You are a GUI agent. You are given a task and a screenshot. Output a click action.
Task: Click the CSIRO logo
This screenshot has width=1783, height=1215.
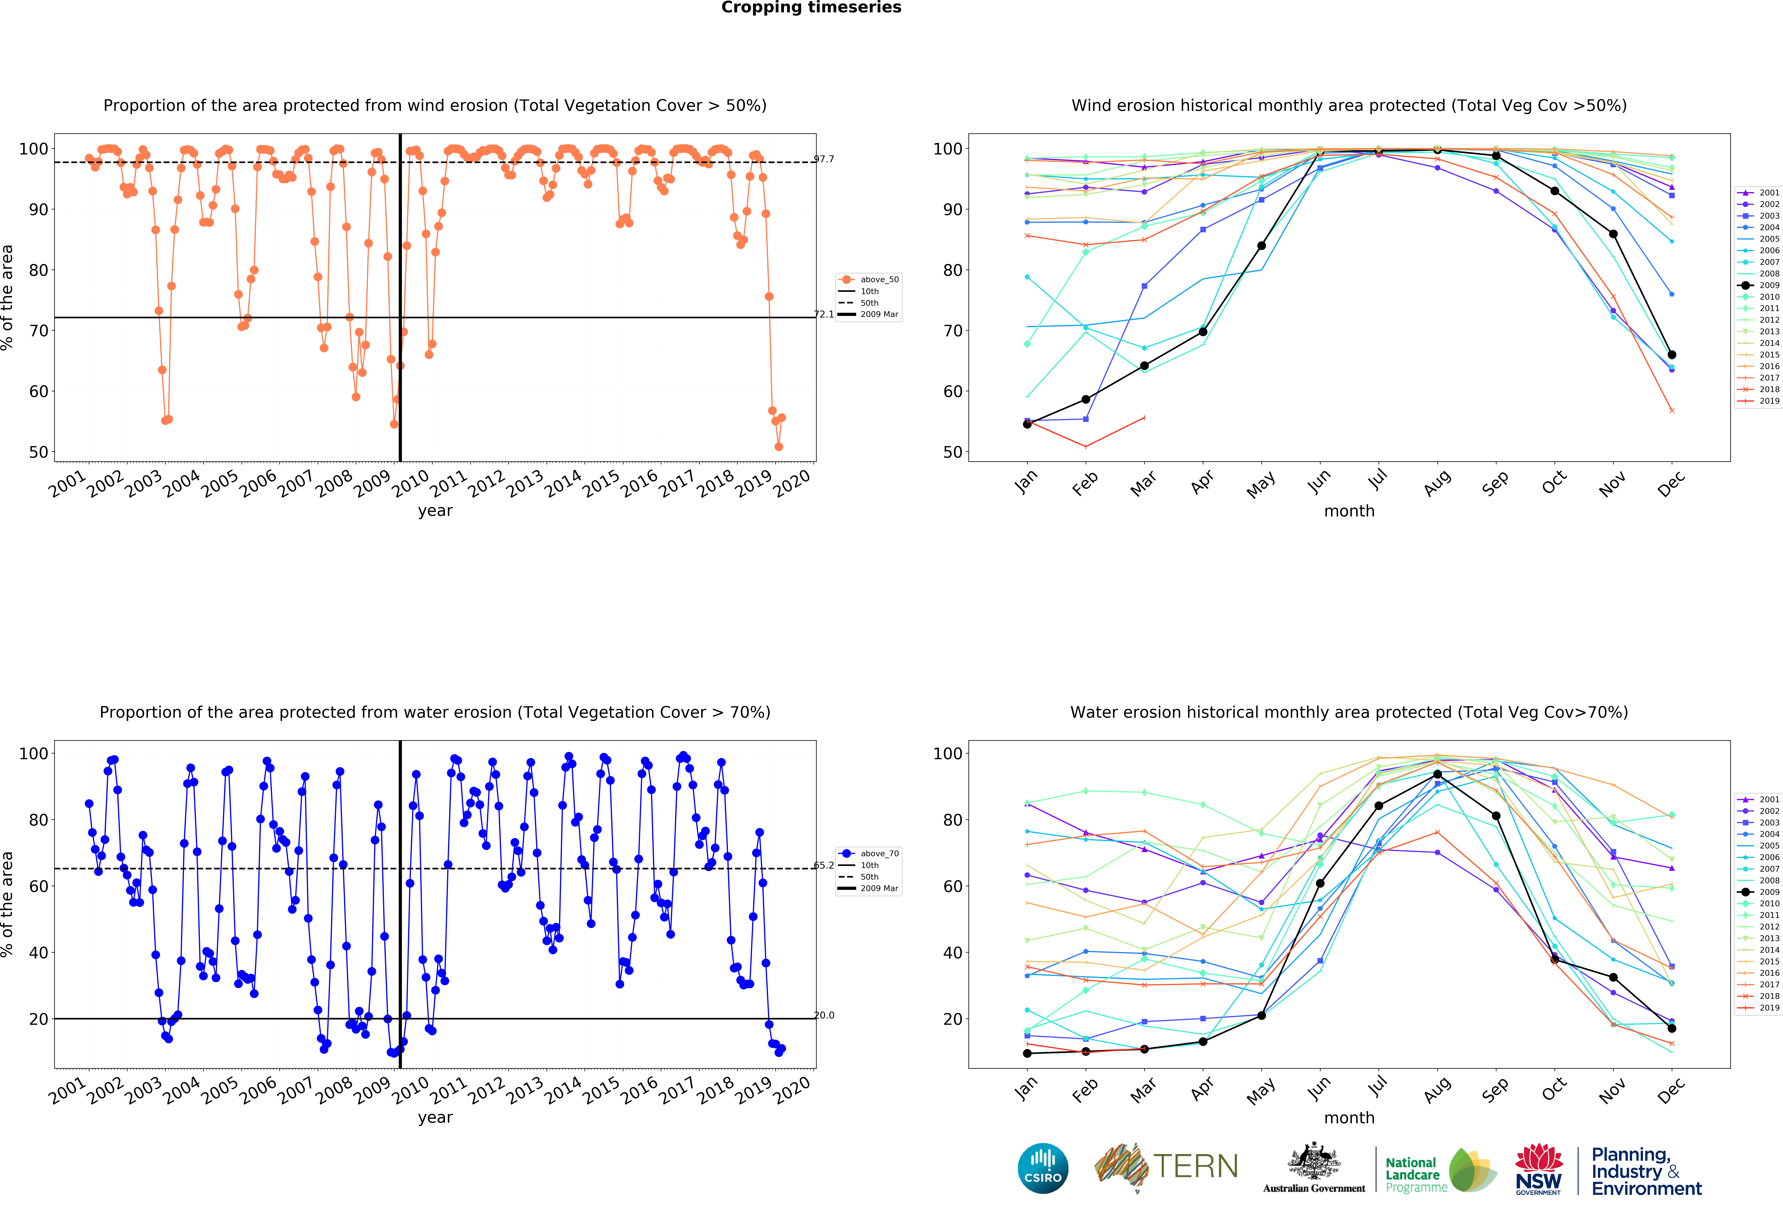tap(1043, 1168)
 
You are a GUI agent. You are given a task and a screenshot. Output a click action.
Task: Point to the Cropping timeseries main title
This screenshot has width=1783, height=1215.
tap(811, 8)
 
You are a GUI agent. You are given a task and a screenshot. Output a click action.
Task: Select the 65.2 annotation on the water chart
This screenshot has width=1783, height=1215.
tap(824, 865)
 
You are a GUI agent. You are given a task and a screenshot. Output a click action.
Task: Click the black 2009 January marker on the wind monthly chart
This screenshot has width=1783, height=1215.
tap(1027, 424)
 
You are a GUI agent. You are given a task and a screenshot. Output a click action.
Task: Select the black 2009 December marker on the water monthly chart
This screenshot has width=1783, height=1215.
tap(1672, 1029)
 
